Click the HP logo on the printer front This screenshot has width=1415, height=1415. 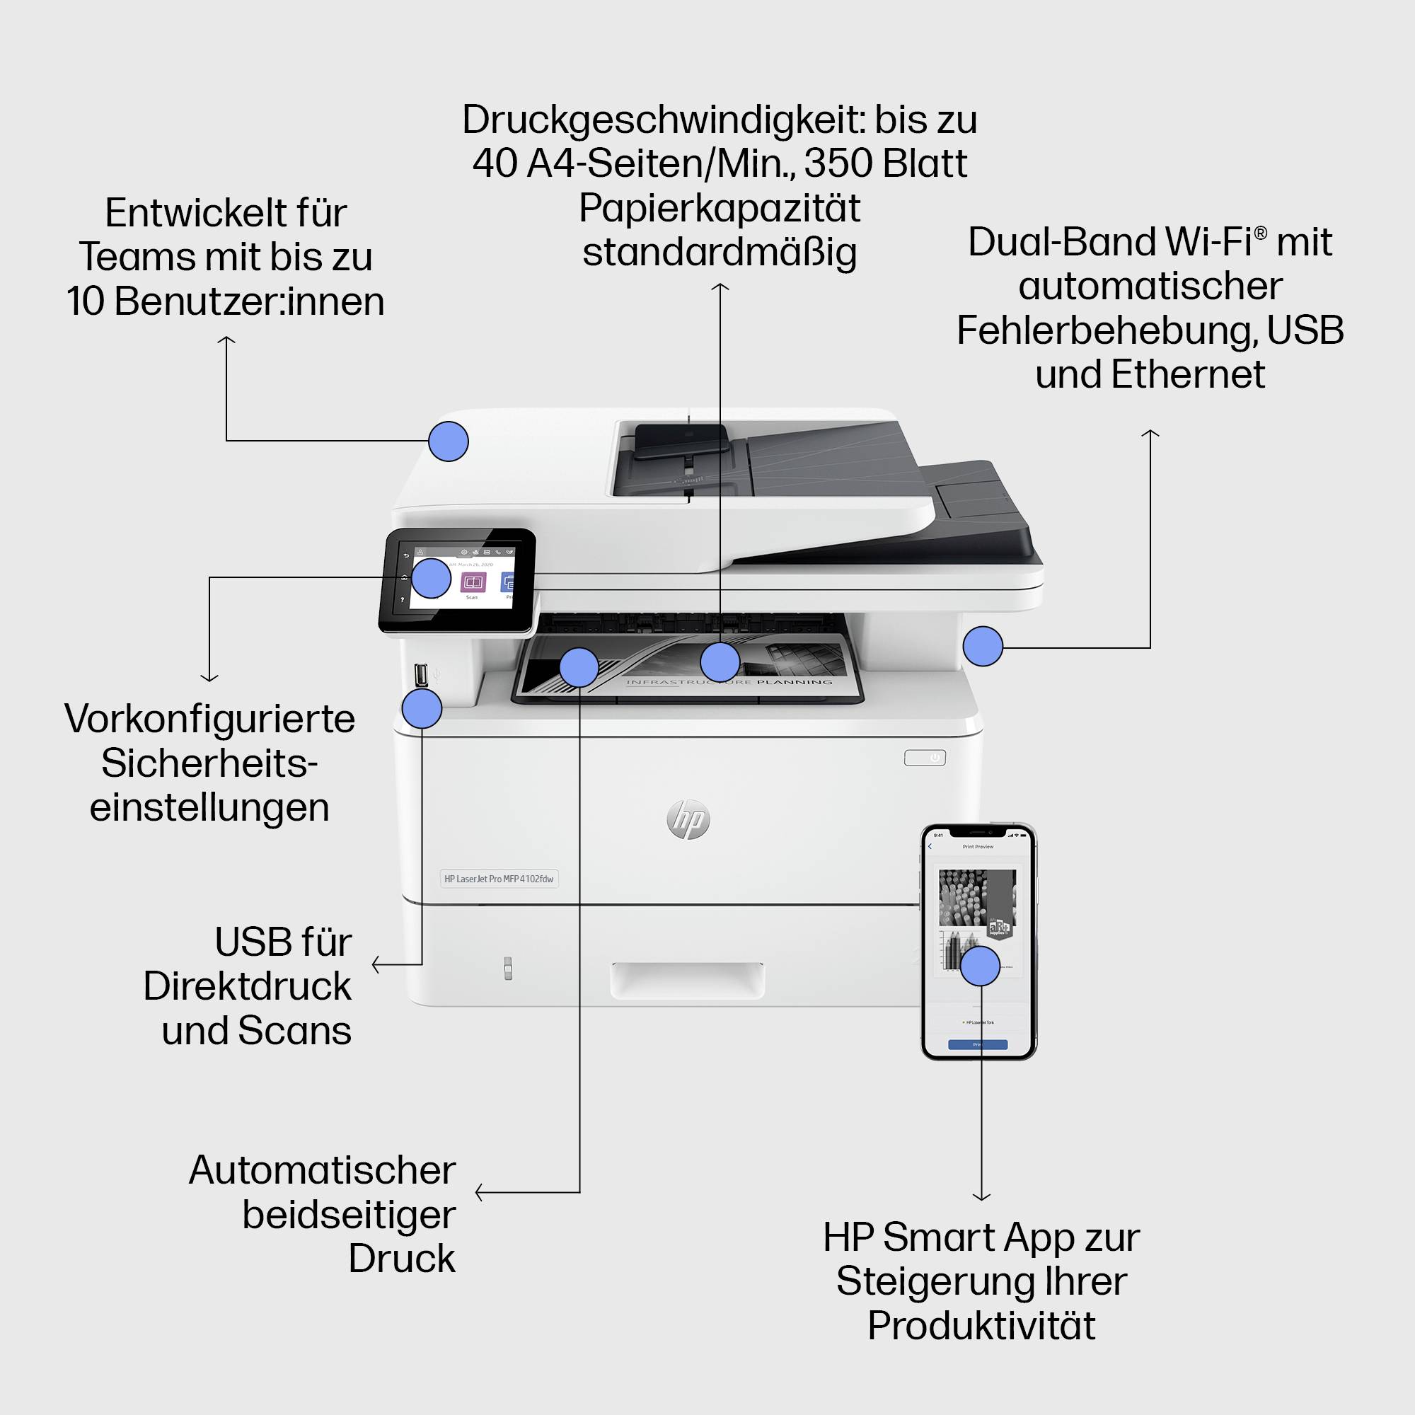click(688, 819)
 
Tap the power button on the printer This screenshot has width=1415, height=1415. click(924, 758)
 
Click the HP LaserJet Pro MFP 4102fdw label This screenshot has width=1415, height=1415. click(499, 878)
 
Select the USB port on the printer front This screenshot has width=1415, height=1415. click(421, 674)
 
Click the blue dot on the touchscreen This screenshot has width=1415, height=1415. click(431, 578)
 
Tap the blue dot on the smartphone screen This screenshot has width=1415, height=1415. click(980, 966)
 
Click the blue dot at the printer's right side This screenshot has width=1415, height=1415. click(983, 646)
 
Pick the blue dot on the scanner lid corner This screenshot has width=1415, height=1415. click(449, 441)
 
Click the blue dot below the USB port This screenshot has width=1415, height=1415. click(422, 708)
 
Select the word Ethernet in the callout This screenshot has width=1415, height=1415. click(1187, 374)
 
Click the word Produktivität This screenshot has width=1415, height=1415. click(981, 1325)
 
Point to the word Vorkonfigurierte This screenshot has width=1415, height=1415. click(209, 719)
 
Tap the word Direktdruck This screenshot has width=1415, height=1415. click(247, 986)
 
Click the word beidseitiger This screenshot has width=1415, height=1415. click(349, 1214)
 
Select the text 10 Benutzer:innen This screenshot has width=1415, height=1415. click(226, 301)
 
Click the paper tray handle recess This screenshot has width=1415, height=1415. click(687, 978)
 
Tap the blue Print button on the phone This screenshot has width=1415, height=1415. click(978, 1044)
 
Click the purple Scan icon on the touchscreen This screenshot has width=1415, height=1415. click(473, 582)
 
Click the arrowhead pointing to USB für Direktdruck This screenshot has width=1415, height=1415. click(375, 964)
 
